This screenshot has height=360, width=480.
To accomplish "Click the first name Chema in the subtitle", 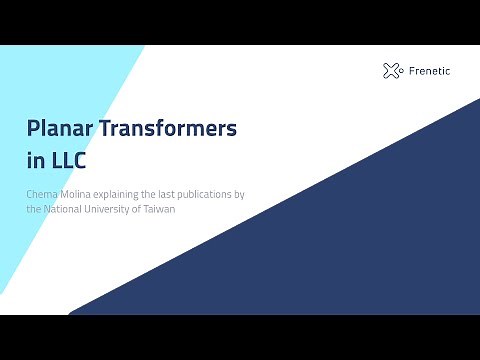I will tap(41, 193).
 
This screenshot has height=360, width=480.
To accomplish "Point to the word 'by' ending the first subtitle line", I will tap(240, 193).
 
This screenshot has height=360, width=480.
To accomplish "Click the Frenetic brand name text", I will tap(431, 71).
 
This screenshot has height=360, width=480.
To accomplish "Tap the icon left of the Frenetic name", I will tap(392, 70).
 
